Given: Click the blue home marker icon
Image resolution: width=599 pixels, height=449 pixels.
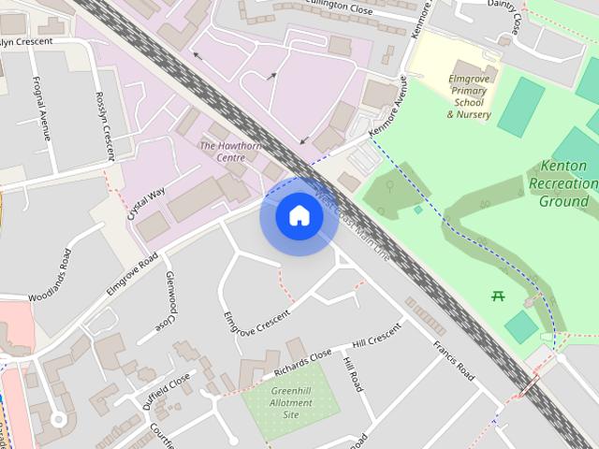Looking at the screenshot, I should tap(299, 216).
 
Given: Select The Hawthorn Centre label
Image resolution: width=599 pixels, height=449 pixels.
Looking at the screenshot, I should tap(222, 151).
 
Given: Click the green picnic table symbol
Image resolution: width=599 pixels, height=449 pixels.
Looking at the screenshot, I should tap(499, 297).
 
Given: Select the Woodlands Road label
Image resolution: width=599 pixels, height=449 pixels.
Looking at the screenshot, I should tap(51, 274).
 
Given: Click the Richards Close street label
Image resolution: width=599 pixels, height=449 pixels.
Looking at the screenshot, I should tap(302, 360).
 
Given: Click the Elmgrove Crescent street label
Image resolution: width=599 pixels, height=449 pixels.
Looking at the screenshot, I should tap(256, 320).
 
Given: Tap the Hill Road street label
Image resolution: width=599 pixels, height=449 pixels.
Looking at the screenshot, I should tap(352, 374).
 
